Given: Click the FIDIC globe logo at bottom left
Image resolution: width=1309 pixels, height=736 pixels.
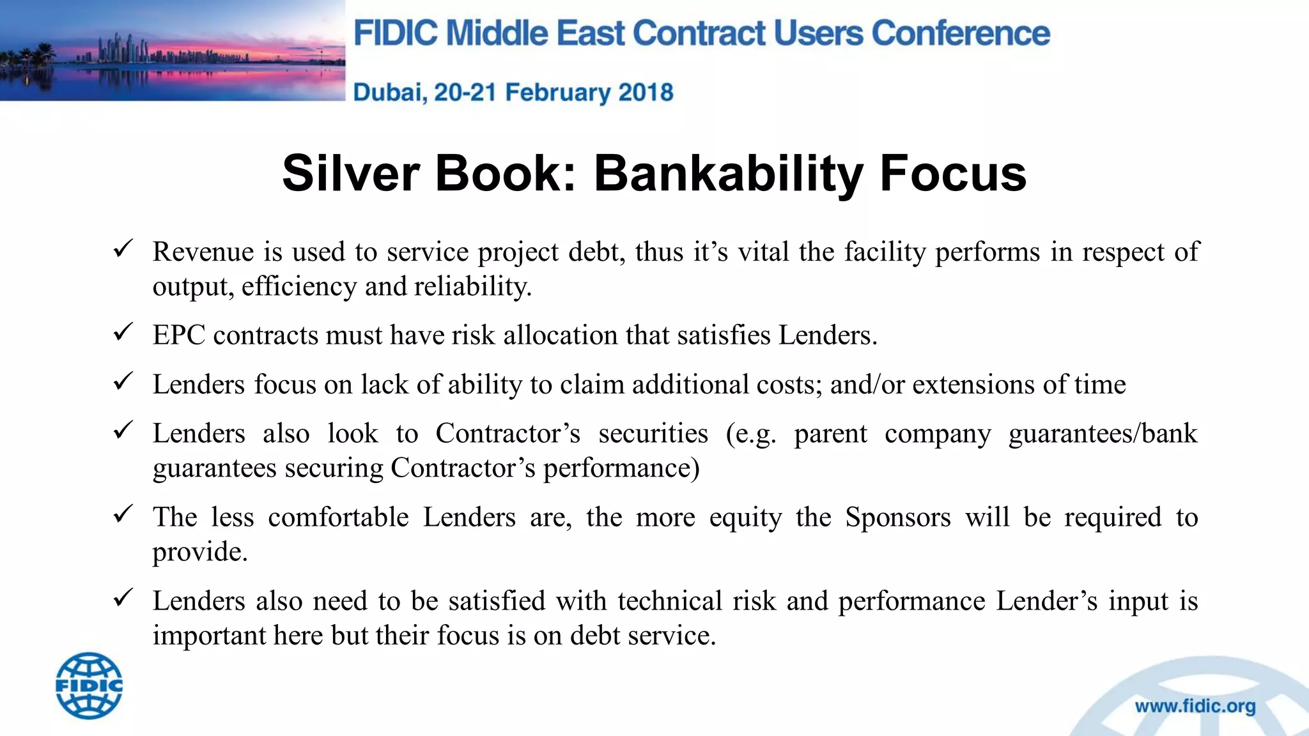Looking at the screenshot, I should point(89,686).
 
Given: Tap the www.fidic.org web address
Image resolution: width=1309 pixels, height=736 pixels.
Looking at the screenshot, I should point(1195,707).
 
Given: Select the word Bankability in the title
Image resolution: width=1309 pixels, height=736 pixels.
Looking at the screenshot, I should point(728,173).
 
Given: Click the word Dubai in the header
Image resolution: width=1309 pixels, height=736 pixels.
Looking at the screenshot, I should point(389,93).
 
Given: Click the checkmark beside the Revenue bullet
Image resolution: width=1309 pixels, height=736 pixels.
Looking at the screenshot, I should point(123,248).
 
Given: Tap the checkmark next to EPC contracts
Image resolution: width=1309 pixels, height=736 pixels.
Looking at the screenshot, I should point(123,331).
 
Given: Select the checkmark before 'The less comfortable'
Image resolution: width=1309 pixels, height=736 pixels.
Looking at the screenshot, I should point(123,513).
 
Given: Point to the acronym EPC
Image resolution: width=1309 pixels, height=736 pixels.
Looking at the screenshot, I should point(179,335).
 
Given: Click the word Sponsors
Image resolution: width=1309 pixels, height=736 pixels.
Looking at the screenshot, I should point(897,517).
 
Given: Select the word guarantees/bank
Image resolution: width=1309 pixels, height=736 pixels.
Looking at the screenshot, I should point(1103,434).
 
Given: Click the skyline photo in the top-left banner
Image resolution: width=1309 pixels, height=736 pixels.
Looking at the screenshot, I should point(172,50).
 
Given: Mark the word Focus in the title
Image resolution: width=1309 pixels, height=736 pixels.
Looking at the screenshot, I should point(952,173).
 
